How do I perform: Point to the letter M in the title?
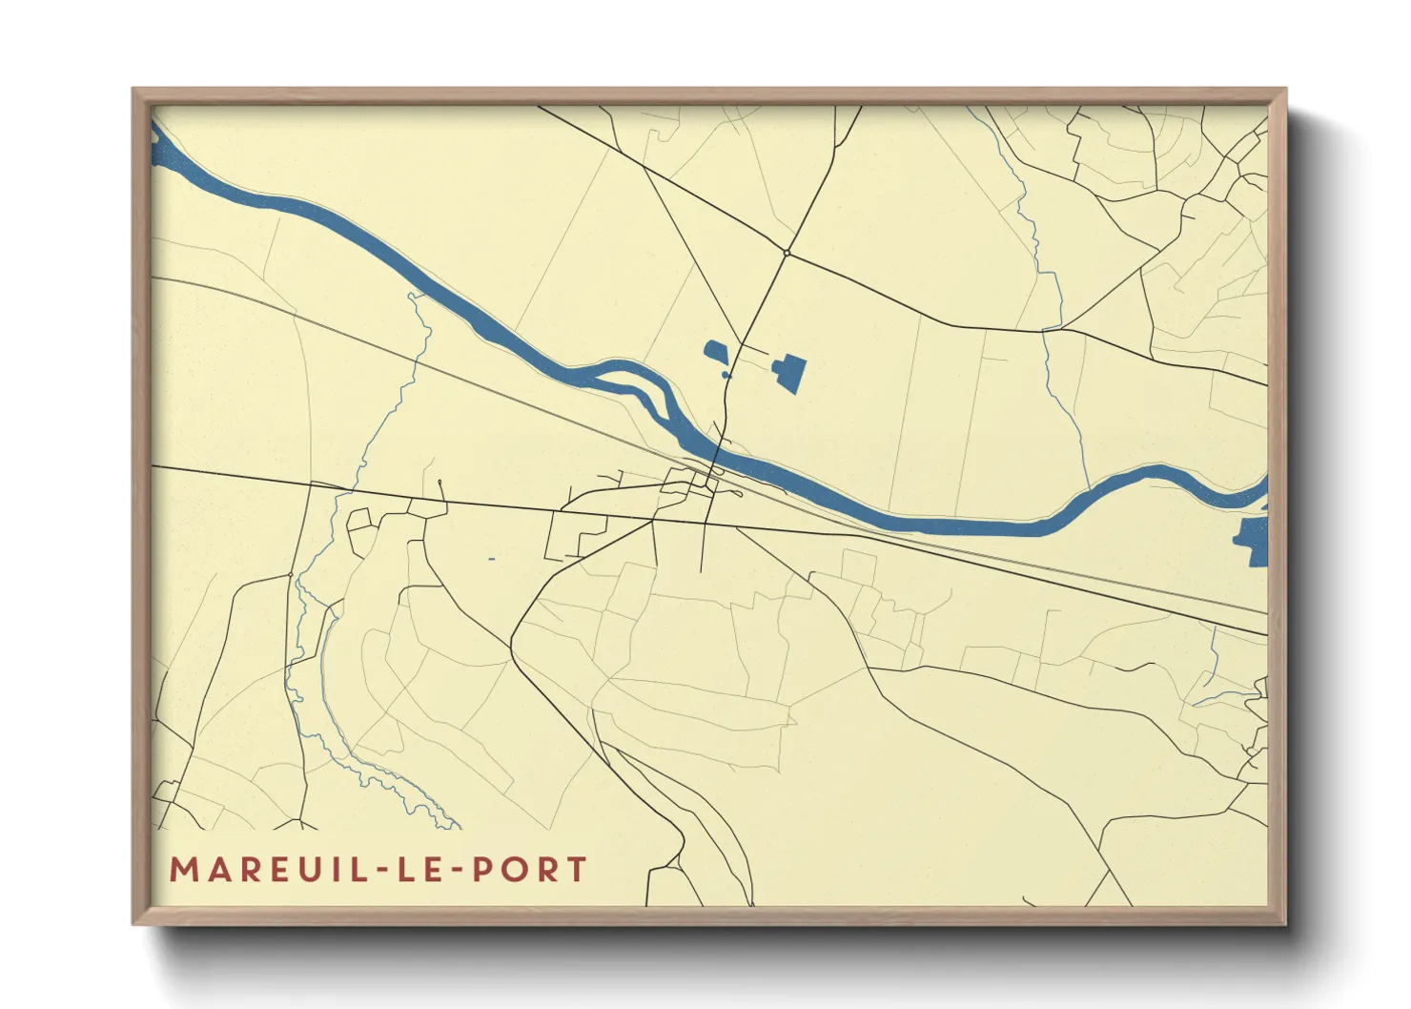[x=183, y=870]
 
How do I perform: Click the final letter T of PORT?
[x=575, y=870]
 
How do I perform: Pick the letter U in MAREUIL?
[x=286, y=870]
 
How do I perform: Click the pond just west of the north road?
[x=716, y=352]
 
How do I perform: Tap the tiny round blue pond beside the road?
[x=726, y=376]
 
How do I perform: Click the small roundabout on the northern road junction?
[x=786, y=253]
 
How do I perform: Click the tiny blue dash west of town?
[x=492, y=558]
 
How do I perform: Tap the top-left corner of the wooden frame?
[x=133, y=90]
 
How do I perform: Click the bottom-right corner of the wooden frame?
[x=1285, y=923]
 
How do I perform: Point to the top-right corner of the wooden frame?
[x=1285, y=90]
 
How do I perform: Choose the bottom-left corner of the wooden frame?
[x=133, y=923]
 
